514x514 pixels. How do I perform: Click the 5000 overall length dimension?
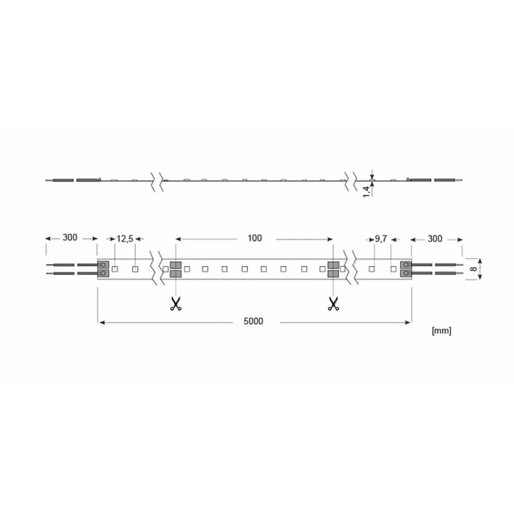pos(253,321)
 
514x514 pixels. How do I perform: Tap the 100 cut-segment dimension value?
pos(255,238)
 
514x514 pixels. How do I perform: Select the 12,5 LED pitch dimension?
pos(125,238)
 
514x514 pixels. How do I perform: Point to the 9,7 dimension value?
pos(381,238)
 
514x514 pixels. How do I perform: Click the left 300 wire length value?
pos(70,237)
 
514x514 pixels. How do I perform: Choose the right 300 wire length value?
pos(435,238)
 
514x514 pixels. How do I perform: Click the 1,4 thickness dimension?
pos(367,191)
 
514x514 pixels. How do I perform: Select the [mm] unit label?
pos(442,331)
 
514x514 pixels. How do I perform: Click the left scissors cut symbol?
pos(175,304)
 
